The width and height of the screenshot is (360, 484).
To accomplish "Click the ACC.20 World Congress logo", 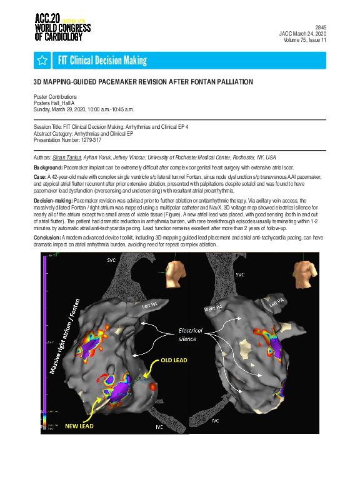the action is point(62,26).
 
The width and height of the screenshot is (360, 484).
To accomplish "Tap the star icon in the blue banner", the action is point(42,60).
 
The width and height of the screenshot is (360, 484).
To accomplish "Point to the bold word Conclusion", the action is point(47,238).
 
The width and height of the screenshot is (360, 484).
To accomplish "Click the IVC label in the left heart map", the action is point(159,427).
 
